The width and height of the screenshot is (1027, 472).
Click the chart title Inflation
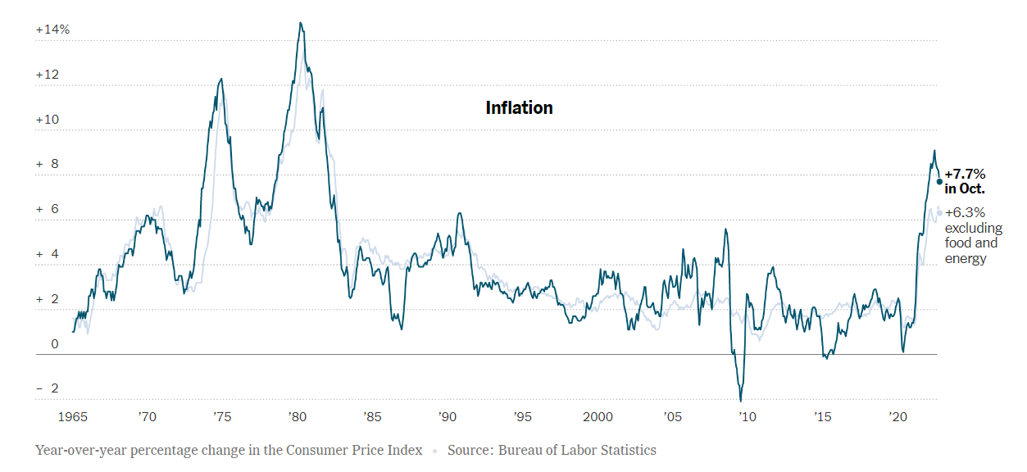[x=519, y=108]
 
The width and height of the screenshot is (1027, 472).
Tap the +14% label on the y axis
[x=52, y=29]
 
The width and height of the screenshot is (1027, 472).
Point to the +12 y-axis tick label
[x=48, y=75]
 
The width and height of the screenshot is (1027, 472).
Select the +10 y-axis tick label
[x=48, y=120]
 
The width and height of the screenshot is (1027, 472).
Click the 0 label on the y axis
[x=55, y=344]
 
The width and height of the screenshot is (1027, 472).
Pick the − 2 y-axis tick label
[x=48, y=389]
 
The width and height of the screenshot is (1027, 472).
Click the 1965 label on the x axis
[x=72, y=416]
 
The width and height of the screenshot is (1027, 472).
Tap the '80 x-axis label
[x=298, y=416]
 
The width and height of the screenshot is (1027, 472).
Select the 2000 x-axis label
[x=598, y=416]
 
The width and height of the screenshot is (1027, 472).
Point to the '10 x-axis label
[x=748, y=416]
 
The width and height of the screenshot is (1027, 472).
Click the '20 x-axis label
[x=897, y=416]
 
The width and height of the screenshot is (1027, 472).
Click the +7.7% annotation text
[x=965, y=175]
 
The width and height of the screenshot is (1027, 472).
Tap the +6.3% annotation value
[x=965, y=213]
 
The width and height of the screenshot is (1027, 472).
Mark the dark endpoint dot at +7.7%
[x=939, y=181]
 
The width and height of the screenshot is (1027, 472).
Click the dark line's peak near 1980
[x=301, y=23]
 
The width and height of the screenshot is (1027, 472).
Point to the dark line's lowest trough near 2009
[x=741, y=401]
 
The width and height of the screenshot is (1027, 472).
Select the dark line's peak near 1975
[x=221, y=79]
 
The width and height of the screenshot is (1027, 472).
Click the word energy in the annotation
[x=966, y=259]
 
